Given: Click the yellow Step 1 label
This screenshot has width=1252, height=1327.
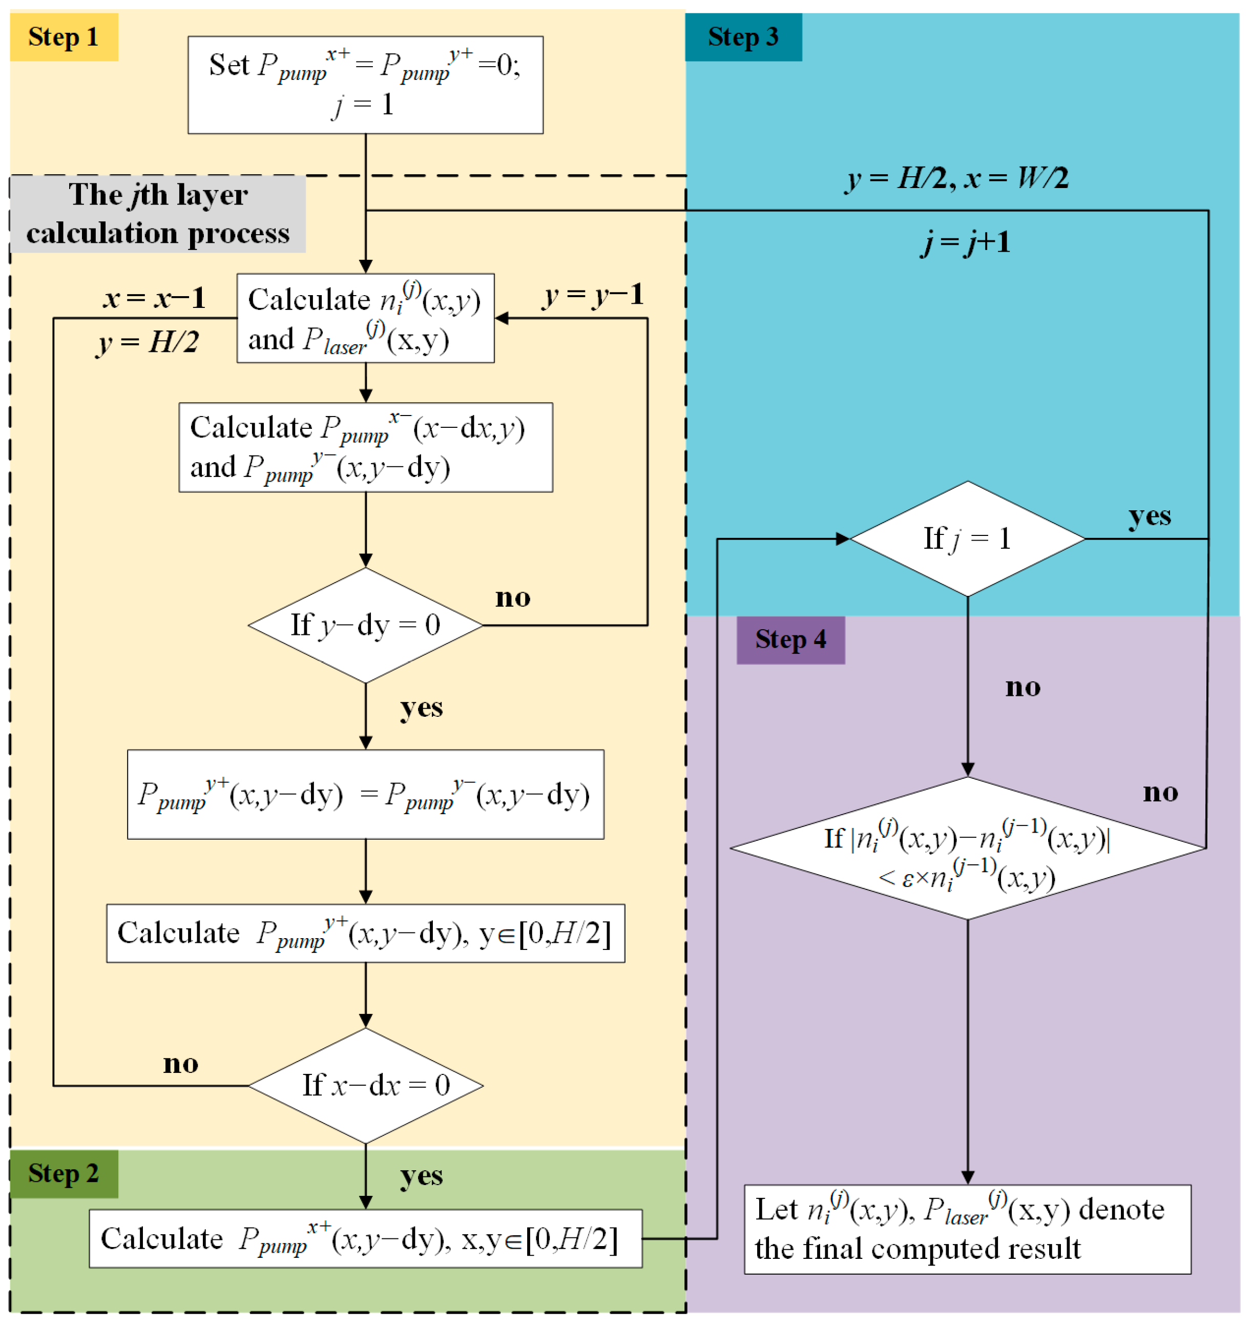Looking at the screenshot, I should pyautogui.click(x=64, y=37).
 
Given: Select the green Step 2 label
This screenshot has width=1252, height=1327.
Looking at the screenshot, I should pyautogui.click(x=64, y=1173).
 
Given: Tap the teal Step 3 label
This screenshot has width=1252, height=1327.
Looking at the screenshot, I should pyautogui.click(x=743, y=37).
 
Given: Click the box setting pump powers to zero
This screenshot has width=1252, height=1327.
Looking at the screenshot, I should pyautogui.click(x=365, y=85).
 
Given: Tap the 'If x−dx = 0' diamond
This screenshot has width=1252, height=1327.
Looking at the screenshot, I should pyautogui.click(x=365, y=1085).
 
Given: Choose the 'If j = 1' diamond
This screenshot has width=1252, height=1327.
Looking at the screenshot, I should pyautogui.click(x=967, y=538).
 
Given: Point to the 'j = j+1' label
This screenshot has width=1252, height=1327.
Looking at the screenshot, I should pyautogui.click(x=965, y=242).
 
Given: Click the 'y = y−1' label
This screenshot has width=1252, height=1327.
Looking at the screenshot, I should pyautogui.click(x=593, y=295).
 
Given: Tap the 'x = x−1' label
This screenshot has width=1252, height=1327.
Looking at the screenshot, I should pyautogui.click(x=154, y=298).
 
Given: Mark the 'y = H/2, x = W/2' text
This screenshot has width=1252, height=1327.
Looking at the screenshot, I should pyautogui.click(x=957, y=178).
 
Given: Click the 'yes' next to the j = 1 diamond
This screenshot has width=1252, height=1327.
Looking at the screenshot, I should pyautogui.click(x=1149, y=516).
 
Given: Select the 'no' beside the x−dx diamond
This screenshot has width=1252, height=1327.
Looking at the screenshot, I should pyautogui.click(x=180, y=1063).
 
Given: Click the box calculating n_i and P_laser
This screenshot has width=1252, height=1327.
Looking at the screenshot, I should pyautogui.click(x=365, y=318).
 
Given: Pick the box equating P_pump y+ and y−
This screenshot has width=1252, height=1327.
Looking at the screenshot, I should pyautogui.click(x=365, y=794).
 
